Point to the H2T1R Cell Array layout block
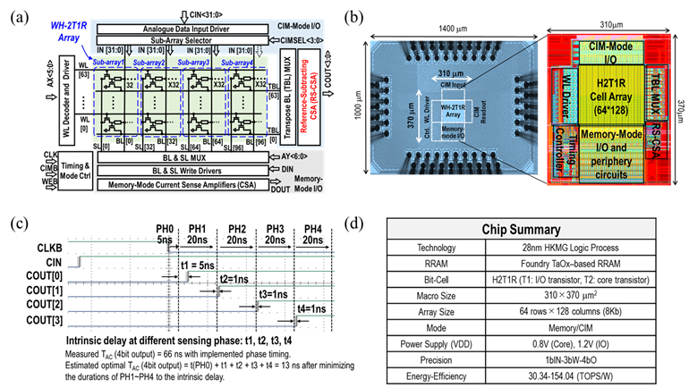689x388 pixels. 609,92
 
